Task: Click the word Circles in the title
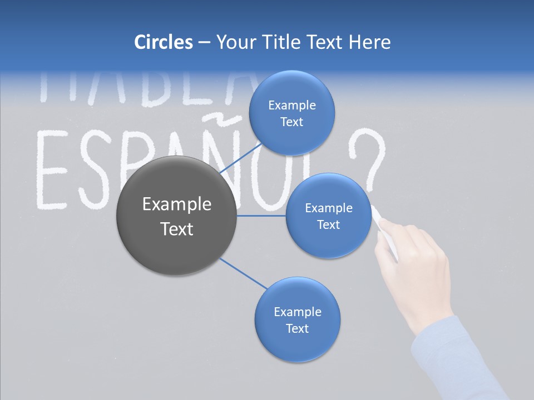163,42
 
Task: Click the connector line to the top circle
240,158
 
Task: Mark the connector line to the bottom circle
244,273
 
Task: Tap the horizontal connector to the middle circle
261,216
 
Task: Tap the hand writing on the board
414,267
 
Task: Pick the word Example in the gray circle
176,204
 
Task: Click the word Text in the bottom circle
297,328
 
